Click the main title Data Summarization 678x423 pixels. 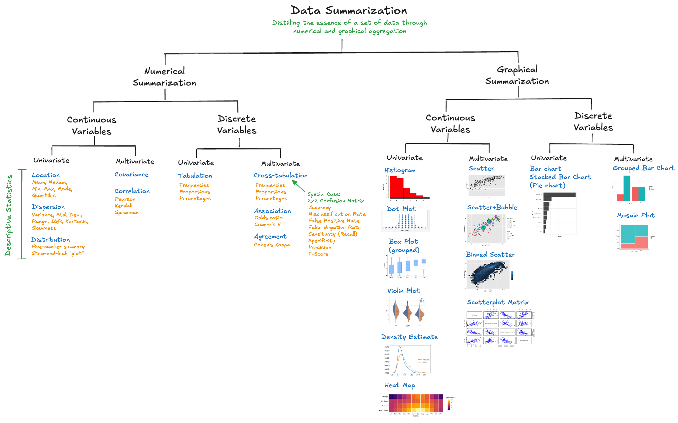click(349, 11)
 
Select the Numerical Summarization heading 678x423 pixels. click(165, 77)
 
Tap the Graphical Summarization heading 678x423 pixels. click(517, 75)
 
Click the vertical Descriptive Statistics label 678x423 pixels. click(8, 215)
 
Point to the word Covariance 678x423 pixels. click(132, 174)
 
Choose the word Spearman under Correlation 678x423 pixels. click(127, 212)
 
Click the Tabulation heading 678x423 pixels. click(195, 176)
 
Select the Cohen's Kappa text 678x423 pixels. click(272, 245)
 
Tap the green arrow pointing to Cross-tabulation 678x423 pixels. click(298, 186)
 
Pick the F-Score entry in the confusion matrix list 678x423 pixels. click(318, 254)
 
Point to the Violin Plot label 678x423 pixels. click(403, 291)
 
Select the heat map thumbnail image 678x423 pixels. click(416, 404)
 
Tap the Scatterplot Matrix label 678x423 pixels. click(498, 302)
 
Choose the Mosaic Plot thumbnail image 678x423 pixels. click(634, 237)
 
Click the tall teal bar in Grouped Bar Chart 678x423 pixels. click(627, 188)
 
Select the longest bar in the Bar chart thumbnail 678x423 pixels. click(559, 195)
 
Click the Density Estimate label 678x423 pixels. click(409, 337)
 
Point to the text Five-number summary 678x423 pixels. click(58, 247)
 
